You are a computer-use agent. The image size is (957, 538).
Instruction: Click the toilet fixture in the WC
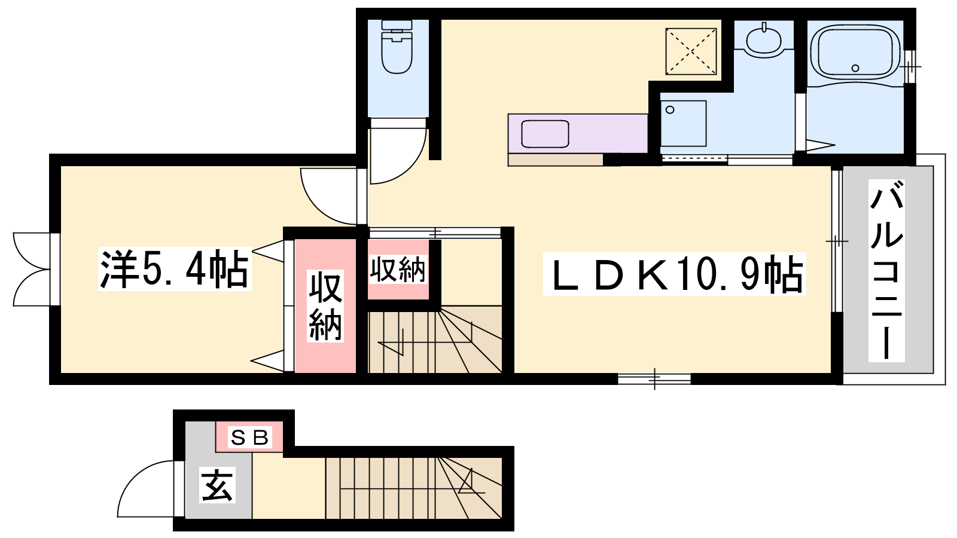point(397,47)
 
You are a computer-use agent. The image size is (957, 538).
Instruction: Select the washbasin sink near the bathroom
point(763,39)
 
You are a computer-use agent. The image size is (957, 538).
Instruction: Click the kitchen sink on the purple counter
point(545,134)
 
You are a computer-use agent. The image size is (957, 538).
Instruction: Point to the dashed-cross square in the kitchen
point(691,51)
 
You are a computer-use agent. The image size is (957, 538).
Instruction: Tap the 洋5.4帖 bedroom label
point(174,269)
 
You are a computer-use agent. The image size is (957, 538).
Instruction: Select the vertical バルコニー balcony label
point(886,271)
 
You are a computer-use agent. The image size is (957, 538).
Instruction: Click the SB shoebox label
point(249,437)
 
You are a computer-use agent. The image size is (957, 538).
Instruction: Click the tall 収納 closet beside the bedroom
point(325,305)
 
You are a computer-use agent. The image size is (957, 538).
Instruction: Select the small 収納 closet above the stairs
point(398,270)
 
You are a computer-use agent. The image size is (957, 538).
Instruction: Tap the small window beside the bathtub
point(910,66)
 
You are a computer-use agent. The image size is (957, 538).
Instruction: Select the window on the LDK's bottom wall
point(654,379)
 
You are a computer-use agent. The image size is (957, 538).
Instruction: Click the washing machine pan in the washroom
point(683,123)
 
